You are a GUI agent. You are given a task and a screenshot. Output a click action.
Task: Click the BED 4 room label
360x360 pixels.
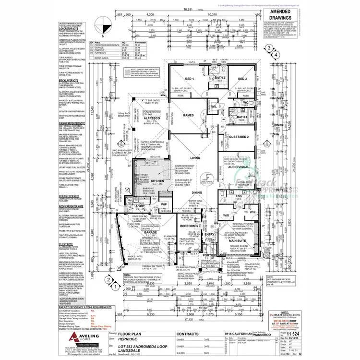(189, 79)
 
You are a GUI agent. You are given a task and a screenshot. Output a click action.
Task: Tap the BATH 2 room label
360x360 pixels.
(221, 78)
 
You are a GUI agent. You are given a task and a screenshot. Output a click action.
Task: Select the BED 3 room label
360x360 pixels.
(242, 79)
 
